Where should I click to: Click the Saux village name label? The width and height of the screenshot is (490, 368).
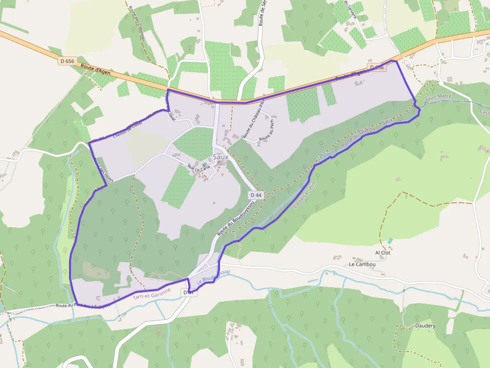pyautogui.click(x=220, y=156)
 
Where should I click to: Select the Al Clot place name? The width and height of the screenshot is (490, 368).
pyautogui.click(x=382, y=253)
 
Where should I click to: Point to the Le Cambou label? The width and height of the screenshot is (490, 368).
pyautogui.click(x=362, y=264)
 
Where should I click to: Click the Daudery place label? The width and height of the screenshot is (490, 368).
pyautogui.click(x=425, y=326)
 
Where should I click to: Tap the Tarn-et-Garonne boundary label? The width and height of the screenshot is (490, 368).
pyautogui.click(x=152, y=294)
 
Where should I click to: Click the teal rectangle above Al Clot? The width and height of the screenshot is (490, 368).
pyautogui.click(x=390, y=241)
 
